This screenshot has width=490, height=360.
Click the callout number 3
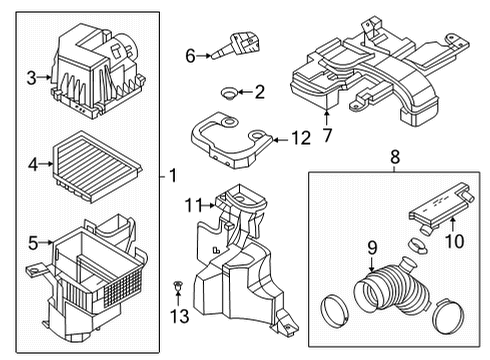[x=32, y=77]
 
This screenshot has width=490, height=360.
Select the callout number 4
[x=32, y=163]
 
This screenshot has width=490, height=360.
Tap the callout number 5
[x=32, y=241]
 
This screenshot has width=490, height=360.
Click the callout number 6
[x=190, y=57]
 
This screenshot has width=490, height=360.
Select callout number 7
[x=327, y=133]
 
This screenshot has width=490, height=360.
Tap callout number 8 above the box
[x=393, y=157]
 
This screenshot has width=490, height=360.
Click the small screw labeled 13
[x=178, y=292]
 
